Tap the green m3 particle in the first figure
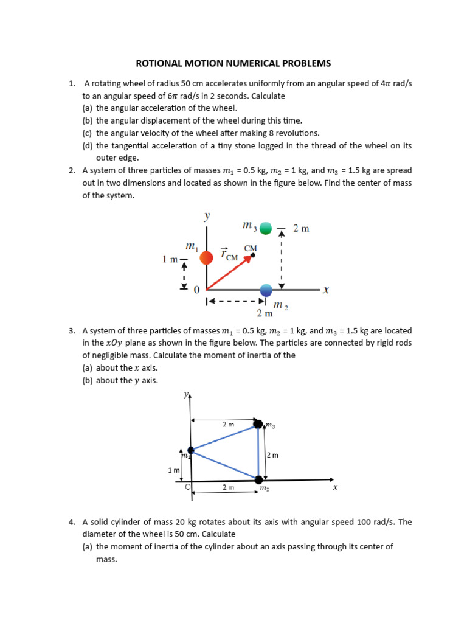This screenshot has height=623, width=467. point(265,229)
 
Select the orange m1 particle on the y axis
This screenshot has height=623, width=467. point(207,258)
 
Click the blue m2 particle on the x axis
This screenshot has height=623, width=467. point(266,290)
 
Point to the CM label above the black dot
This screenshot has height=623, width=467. point(250,248)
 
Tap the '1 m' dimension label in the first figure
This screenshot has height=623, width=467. point(170,259)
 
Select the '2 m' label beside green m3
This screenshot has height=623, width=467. point(301,228)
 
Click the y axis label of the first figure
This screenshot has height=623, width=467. point(207,216)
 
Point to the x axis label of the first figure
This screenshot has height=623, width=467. point(326,290)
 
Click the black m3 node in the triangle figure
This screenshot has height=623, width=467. point(258,423)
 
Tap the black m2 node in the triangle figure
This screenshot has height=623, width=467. point(259,479)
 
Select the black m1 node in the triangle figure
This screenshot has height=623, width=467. point(191,450)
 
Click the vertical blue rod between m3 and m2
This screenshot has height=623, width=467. point(259,451)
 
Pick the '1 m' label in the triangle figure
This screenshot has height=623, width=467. point(174,470)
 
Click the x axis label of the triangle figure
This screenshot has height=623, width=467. point(334,487)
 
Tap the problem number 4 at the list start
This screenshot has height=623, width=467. point(72,522)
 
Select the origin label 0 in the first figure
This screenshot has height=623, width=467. point(196,291)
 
